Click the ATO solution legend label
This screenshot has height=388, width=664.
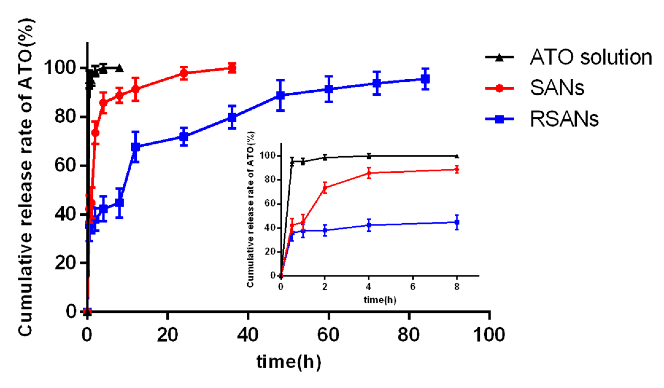point(591,57)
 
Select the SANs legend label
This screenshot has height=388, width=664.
point(557,88)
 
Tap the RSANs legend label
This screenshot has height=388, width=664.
point(564,119)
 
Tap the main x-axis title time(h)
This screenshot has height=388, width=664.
point(288,362)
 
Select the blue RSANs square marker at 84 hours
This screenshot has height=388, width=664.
point(425,79)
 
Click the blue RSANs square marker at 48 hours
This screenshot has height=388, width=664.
point(280,95)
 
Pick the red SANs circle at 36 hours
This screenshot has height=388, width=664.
point(232,68)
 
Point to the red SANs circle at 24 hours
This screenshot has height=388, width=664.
point(184,73)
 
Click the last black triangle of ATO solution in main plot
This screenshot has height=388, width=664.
point(120,68)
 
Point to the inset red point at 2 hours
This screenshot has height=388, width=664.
point(325,188)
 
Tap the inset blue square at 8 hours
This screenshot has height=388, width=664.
point(457,222)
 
